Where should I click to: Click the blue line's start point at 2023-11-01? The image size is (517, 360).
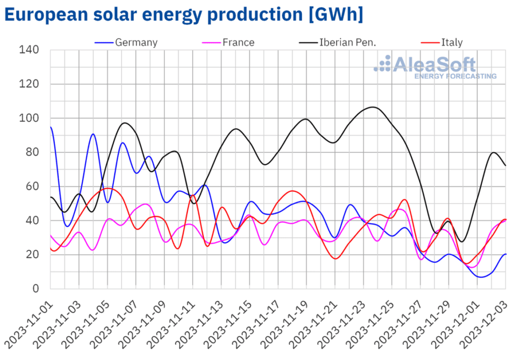[x=51, y=127]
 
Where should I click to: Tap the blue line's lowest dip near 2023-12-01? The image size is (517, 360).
[x=481, y=277]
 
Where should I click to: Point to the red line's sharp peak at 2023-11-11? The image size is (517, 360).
[x=193, y=195]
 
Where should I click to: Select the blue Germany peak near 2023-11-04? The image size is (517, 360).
[x=93, y=134]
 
